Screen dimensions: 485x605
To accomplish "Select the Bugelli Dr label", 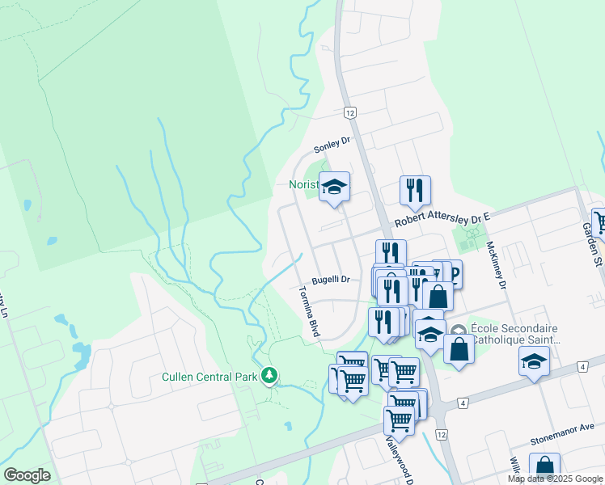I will tap(333, 280).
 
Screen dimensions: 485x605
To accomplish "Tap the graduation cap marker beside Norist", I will tap(333, 188).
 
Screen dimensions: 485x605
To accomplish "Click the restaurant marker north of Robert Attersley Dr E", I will tap(415, 191).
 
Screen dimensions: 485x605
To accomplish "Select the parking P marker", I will tap(454, 276).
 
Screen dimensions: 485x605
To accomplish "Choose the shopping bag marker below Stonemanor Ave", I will tap(544, 466).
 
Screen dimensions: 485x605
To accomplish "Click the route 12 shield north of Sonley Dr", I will tap(349, 113).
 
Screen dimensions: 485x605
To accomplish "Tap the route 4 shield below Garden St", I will tap(582, 368).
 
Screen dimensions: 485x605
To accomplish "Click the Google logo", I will tap(27, 475).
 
